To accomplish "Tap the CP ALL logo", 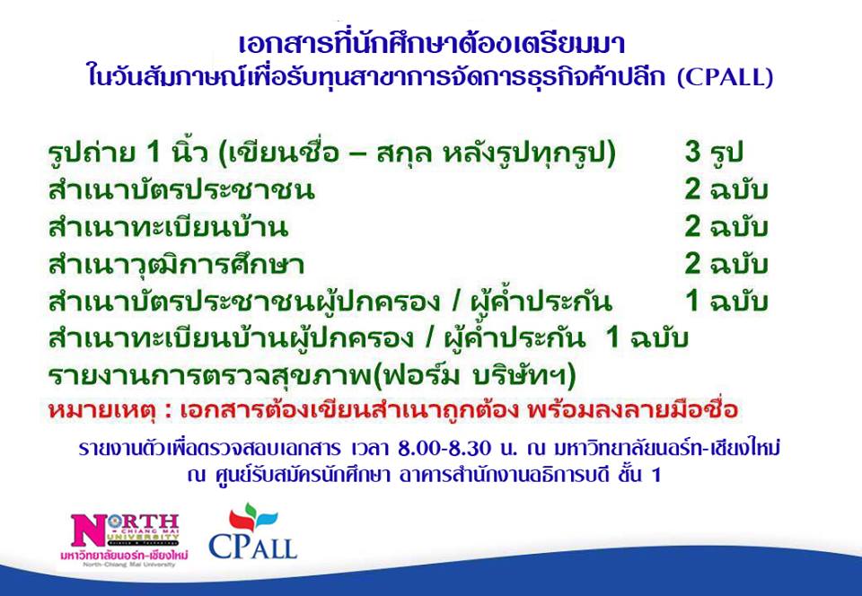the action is (252, 531).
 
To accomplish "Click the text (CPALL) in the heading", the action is (725, 77).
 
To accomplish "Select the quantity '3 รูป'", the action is (714, 153).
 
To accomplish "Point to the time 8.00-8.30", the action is (444, 448).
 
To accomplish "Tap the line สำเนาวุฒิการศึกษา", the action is (176, 265).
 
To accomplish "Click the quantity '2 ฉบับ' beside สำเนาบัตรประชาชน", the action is (726, 189).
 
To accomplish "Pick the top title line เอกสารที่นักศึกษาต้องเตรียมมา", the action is (432, 45).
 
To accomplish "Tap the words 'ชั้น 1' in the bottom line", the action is (638, 475).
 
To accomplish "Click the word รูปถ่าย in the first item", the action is (92, 153).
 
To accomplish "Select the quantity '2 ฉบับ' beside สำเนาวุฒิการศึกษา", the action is (726, 264).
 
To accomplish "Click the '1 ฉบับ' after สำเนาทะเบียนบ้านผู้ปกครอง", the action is (646, 338).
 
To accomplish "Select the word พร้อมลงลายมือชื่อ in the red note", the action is (632, 410).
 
